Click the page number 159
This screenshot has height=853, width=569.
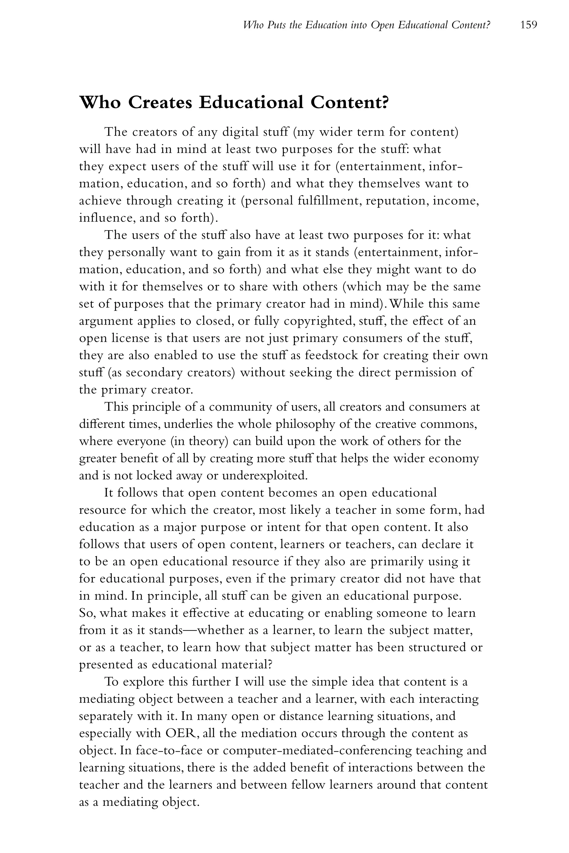tap(528, 25)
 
